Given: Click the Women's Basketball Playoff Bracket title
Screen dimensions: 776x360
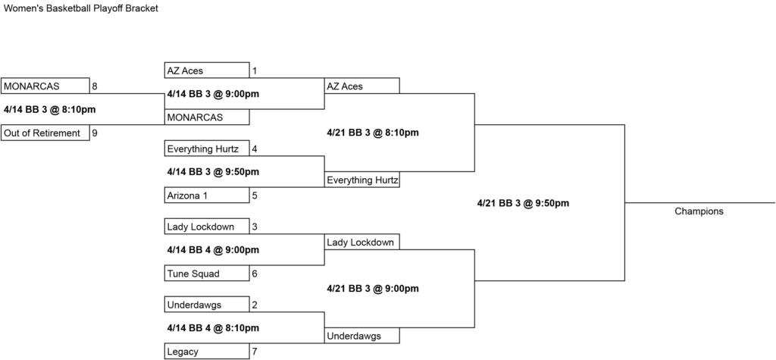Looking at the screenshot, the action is coord(80,8).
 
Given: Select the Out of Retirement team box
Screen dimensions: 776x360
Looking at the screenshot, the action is coord(45,133).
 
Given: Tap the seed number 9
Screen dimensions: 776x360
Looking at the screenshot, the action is coord(95,133).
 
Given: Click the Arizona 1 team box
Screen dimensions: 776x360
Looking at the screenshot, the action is coord(207,195).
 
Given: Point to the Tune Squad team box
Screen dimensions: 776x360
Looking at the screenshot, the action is coord(207,274).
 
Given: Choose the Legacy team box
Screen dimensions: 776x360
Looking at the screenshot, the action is coord(207,352).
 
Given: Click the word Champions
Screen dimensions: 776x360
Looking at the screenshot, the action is coord(699,211).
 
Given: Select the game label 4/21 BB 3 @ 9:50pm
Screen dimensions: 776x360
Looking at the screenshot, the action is coord(523,203).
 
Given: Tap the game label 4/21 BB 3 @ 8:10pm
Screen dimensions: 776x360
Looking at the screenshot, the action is coord(373,133).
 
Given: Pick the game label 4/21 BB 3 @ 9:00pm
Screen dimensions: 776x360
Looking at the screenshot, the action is coord(373,289).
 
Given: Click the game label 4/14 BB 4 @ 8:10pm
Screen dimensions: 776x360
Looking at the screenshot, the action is coord(213,328).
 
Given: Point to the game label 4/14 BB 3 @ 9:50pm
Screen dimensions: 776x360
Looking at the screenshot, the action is coord(213,172).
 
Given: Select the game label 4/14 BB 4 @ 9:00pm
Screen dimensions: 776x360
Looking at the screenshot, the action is coord(213,250).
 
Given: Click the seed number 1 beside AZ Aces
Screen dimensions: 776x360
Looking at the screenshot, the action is coord(255,70).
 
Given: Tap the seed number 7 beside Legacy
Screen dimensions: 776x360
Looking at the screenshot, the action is coord(255,352).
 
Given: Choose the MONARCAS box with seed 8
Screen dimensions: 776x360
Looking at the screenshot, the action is coord(45,86).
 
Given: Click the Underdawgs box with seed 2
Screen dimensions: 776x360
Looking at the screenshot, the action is coord(207,305).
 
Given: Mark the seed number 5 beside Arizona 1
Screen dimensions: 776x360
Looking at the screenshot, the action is coord(255,195).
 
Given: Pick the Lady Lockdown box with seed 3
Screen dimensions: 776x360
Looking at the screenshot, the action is coord(207,227).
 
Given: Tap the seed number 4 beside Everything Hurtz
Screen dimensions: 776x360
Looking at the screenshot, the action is coord(255,149).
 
